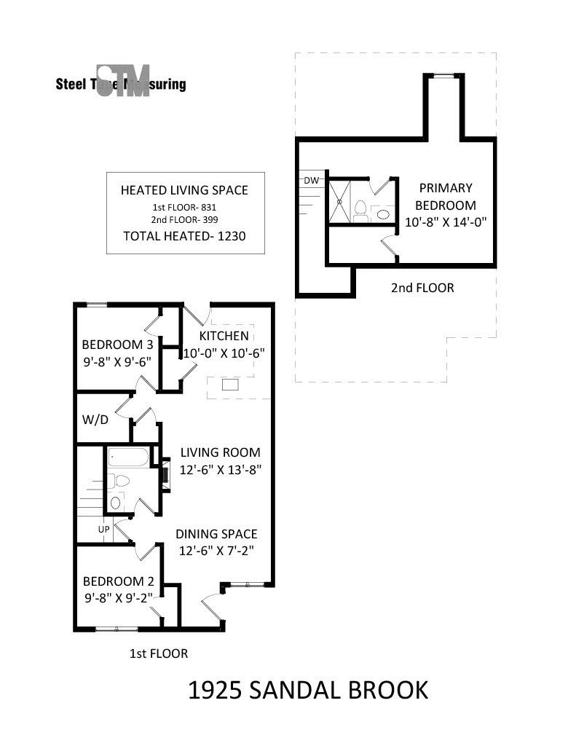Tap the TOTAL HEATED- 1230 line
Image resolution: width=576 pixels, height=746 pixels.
(184, 235)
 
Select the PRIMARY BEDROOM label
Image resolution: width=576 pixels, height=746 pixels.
(445, 196)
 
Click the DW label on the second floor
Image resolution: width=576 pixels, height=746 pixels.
(311, 180)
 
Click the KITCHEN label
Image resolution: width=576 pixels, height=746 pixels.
(224, 336)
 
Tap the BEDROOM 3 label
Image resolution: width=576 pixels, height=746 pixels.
(117, 345)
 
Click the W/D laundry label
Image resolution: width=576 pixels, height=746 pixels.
(95, 420)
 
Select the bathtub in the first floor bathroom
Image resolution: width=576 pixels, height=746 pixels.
(128, 458)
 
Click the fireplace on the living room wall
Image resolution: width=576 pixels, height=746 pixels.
(165, 475)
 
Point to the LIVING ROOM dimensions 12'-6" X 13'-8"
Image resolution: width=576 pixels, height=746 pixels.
(221, 470)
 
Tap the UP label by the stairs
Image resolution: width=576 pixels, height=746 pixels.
(103, 530)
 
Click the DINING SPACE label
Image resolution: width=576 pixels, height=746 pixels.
(216, 534)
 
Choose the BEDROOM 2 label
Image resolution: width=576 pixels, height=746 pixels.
(118, 581)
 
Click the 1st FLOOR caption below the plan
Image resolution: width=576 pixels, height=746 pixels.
(158, 653)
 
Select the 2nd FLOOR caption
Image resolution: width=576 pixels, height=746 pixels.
(422, 288)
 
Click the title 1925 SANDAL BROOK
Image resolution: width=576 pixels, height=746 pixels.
(308, 690)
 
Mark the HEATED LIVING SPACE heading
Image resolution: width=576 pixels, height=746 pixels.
(184, 190)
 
